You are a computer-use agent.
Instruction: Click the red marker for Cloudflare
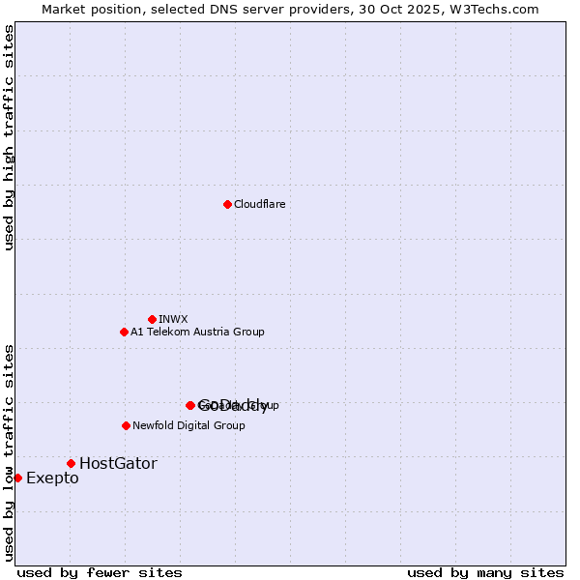click(x=227, y=204)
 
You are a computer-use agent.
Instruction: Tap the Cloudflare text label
click(x=259, y=205)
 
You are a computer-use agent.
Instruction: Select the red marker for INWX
click(x=152, y=319)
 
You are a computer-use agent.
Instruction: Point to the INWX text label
click(x=173, y=320)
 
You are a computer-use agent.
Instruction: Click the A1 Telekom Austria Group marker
click(x=124, y=332)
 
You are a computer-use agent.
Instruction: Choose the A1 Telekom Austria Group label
click(x=197, y=333)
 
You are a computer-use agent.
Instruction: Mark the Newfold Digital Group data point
click(x=126, y=425)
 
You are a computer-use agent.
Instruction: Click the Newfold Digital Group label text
click(x=188, y=426)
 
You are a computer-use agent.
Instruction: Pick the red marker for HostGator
click(x=71, y=463)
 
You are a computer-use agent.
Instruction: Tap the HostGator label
click(x=118, y=464)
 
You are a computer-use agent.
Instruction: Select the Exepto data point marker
click(x=17, y=478)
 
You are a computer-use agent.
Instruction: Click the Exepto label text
click(x=52, y=478)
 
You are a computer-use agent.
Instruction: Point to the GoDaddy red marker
click(x=190, y=405)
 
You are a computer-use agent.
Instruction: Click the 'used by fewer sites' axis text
click(x=100, y=573)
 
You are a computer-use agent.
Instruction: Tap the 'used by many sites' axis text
click(x=485, y=573)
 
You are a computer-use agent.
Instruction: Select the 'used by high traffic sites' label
click(x=10, y=138)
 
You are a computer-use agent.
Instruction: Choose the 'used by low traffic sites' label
click(x=10, y=452)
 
